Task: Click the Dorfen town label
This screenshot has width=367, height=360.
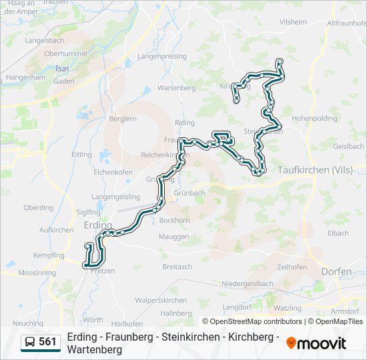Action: point(336,271)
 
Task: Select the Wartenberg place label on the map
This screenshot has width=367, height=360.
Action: point(176,87)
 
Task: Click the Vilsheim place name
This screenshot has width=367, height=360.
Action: point(294,22)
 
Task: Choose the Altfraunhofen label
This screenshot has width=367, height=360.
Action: point(343,22)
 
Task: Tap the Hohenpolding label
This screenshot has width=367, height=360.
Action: point(315,118)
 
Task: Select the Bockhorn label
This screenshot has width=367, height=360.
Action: point(175,220)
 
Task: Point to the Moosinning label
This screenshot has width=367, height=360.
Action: point(37,273)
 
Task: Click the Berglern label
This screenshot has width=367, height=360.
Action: point(122,119)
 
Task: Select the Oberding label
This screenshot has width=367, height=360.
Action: point(38,207)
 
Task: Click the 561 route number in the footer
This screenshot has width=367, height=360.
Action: point(47,342)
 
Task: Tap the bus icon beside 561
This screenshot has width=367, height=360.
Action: point(30,343)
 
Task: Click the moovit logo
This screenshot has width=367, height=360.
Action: point(316,343)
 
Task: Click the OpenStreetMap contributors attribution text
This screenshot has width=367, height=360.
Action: point(256,321)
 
